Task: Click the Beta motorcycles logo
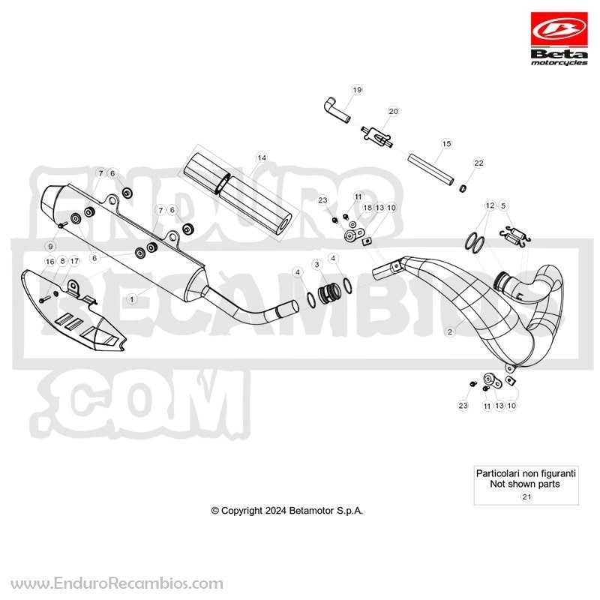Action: point(559,39)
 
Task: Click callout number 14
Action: point(262,157)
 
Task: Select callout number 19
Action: point(357,90)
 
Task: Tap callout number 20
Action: point(393,111)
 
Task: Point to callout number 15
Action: point(446,144)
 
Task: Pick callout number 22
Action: point(478,163)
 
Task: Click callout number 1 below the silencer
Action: point(132,298)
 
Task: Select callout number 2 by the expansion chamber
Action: point(449,331)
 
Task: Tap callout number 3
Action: point(316,265)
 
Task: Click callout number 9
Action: point(50,247)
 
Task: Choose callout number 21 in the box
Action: point(526,496)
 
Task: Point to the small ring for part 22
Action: point(463,188)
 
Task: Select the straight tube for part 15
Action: point(430,169)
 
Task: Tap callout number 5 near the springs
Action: point(503,205)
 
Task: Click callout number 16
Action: point(50,262)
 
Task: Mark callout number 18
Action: point(367,208)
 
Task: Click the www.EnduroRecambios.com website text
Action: point(117,584)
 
